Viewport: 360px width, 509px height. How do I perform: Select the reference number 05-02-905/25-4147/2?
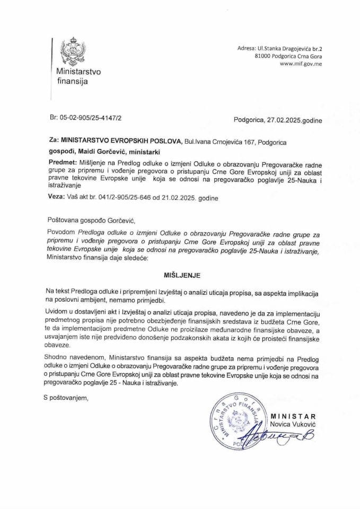[x=89, y=121]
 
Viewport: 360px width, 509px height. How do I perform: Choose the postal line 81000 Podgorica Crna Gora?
[x=288, y=56]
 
